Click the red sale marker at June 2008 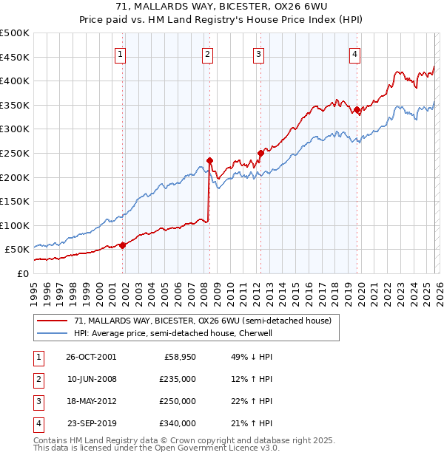point(209,160)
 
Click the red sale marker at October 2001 point(123,246)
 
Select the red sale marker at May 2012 point(260,153)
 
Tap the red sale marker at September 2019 point(357,110)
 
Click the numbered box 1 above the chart point(121,53)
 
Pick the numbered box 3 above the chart point(258,53)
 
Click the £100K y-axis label point(15,225)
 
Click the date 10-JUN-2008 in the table point(91,379)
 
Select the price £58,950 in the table point(177,357)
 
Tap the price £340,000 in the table point(177,423)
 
